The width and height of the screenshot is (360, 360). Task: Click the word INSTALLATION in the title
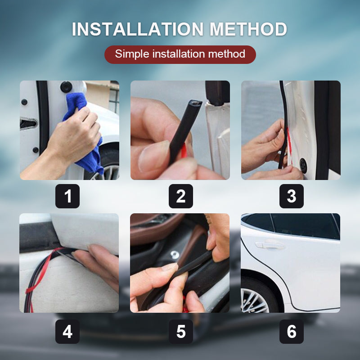coord(138,30)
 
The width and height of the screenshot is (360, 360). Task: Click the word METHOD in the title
coord(248,30)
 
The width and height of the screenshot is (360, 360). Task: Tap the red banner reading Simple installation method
coord(180,54)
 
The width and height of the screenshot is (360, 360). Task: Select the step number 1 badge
coord(67,196)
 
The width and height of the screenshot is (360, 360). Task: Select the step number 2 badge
coord(180,196)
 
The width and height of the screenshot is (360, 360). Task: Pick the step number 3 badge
coord(291,196)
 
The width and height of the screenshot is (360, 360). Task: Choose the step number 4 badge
coord(67,332)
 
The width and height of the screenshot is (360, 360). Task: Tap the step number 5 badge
coord(180,332)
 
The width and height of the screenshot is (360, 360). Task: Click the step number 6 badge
coord(291,332)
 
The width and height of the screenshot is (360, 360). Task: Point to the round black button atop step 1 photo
coord(67,85)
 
